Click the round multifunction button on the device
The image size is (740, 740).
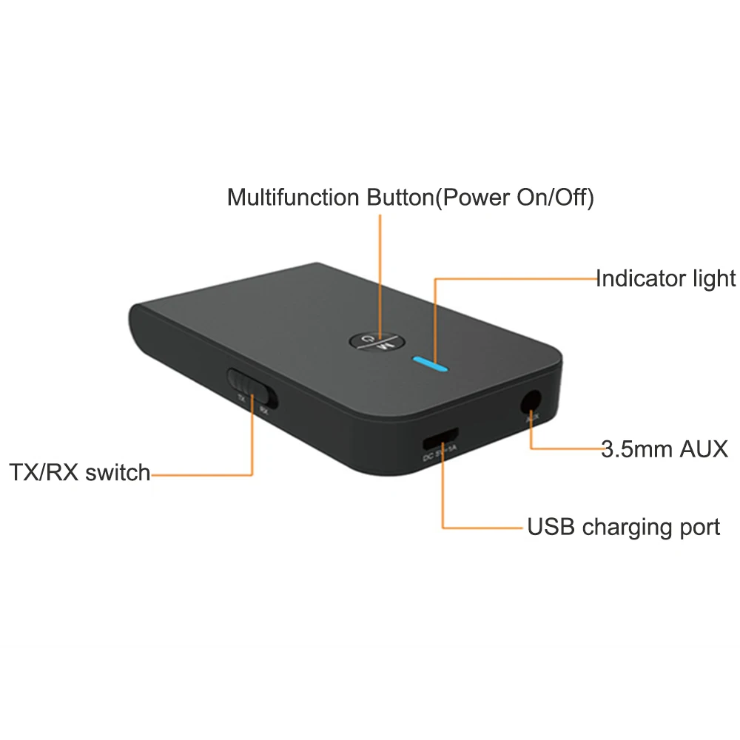[376, 341]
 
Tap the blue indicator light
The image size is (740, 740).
[431, 363]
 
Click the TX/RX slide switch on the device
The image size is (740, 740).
[251, 386]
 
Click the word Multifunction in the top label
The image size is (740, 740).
[295, 198]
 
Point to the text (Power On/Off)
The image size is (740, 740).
[513, 198]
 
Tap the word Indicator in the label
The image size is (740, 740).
[643, 278]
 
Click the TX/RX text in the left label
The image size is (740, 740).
[44, 472]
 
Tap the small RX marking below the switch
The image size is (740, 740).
[263, 408]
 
